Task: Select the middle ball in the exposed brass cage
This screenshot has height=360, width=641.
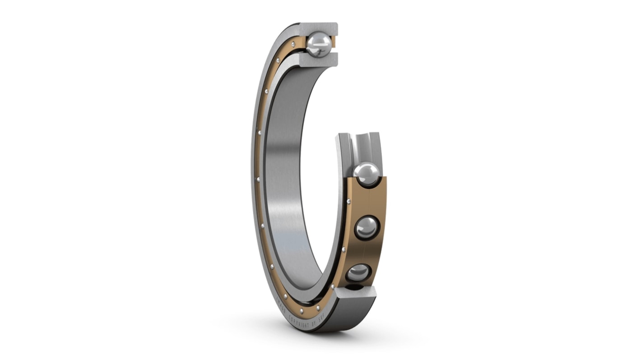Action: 367,227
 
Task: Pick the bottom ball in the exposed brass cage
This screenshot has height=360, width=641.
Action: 358,273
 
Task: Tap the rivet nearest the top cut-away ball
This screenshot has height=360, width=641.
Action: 293,44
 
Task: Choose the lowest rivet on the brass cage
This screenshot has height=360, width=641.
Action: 318,308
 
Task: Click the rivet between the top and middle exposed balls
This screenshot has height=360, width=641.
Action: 348,201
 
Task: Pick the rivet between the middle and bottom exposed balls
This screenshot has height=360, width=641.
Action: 344,249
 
